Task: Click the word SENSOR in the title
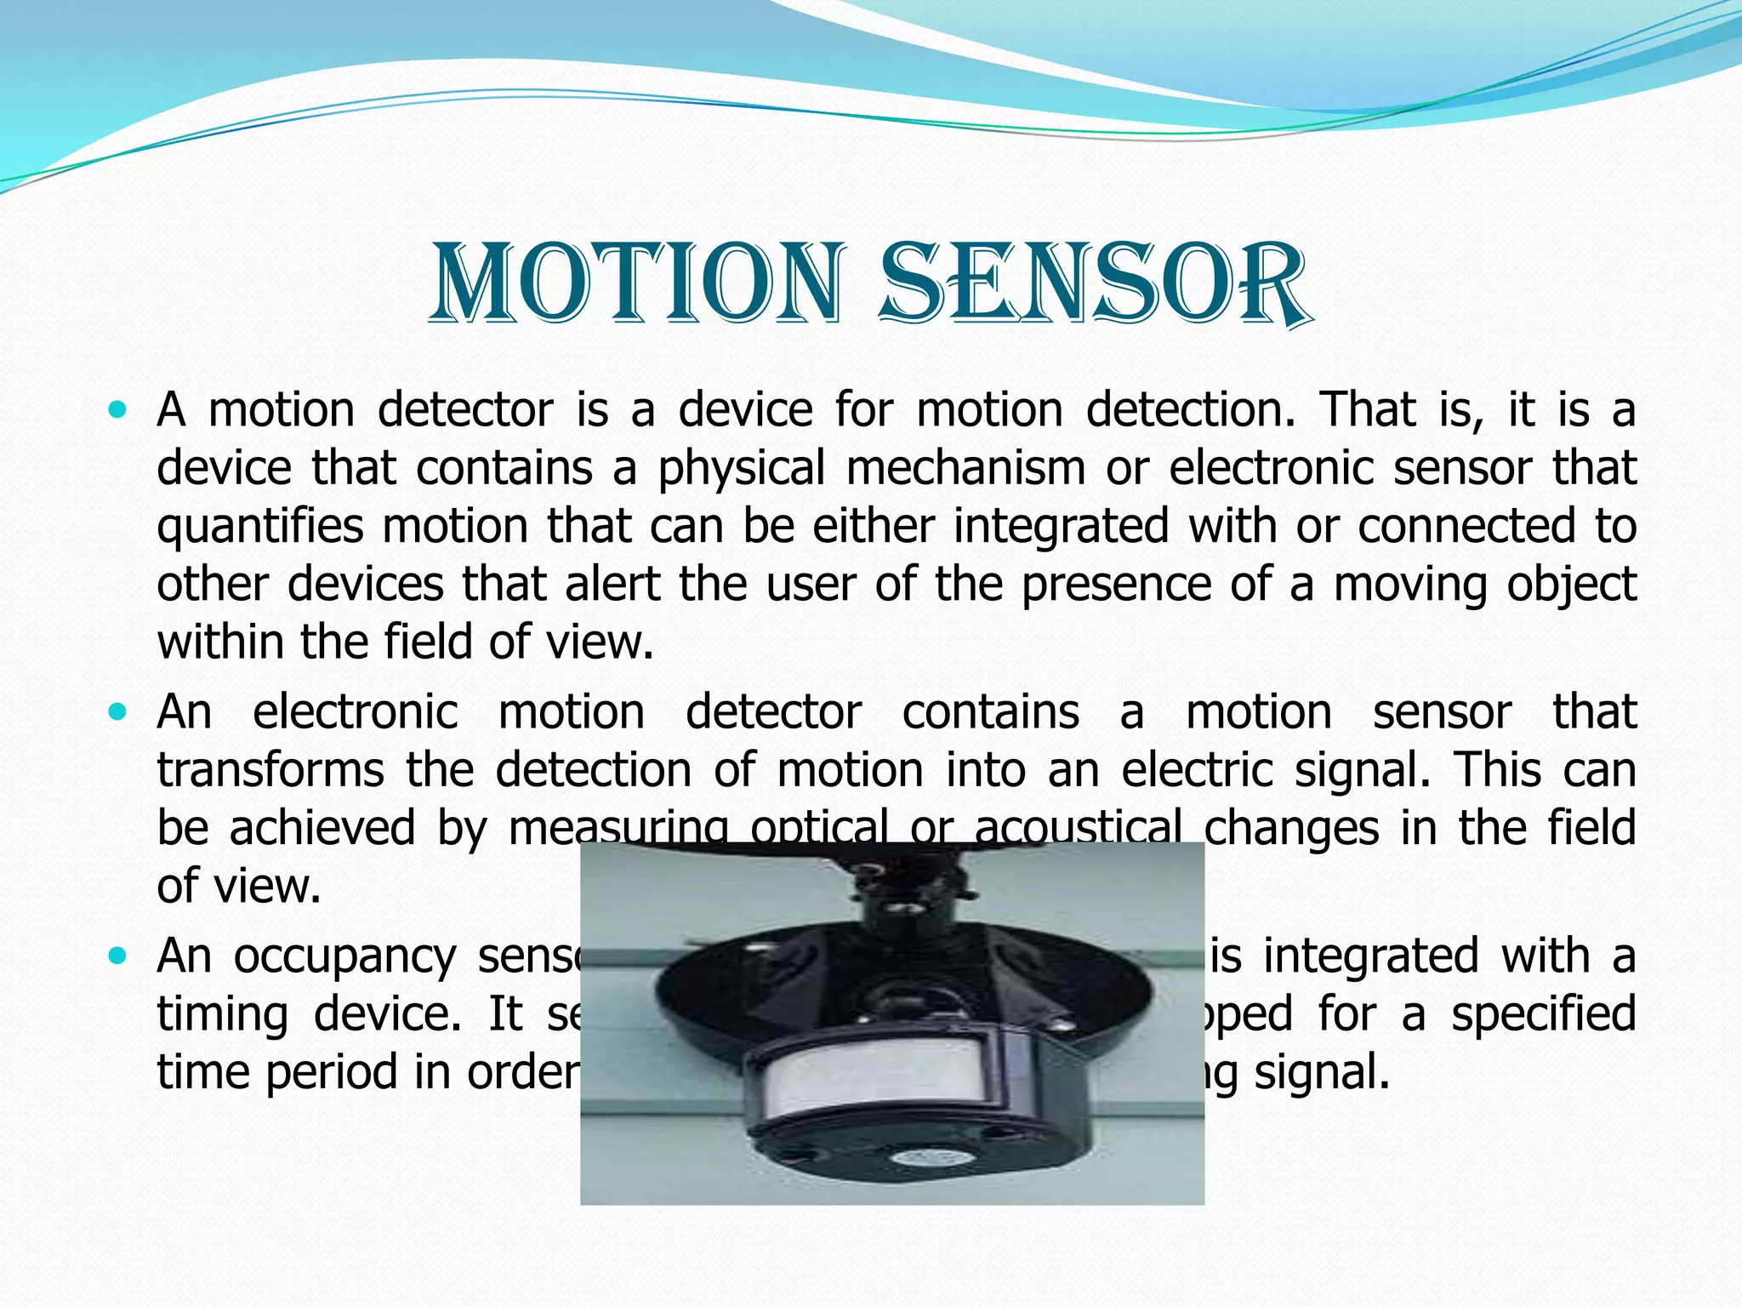[1092, 285]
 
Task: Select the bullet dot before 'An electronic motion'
[117, 711]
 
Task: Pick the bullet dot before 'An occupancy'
[117, 956]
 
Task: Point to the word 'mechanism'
[965, 469]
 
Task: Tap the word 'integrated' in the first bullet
[1061, 525]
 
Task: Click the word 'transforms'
[270, 770]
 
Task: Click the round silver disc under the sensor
[919, 1158]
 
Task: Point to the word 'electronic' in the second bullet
[356, 711]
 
